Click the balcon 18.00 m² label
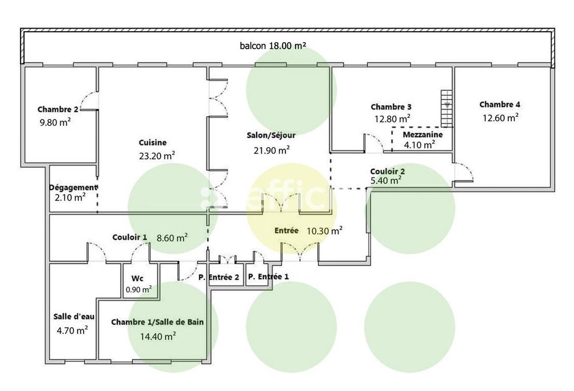[273, 45]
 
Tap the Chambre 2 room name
[58, 110]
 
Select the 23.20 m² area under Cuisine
[156, 154]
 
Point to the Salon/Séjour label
[271, 136]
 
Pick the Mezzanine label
[422, 134]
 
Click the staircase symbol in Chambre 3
[446, 108]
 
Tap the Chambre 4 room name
[500, 104]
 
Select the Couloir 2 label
[387, 171]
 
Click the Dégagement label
[73, 187]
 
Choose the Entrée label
[286, 231]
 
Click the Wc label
[138, 278]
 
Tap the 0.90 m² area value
[138, 290]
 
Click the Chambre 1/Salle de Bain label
[157, 322]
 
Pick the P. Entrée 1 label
[268, 276]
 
